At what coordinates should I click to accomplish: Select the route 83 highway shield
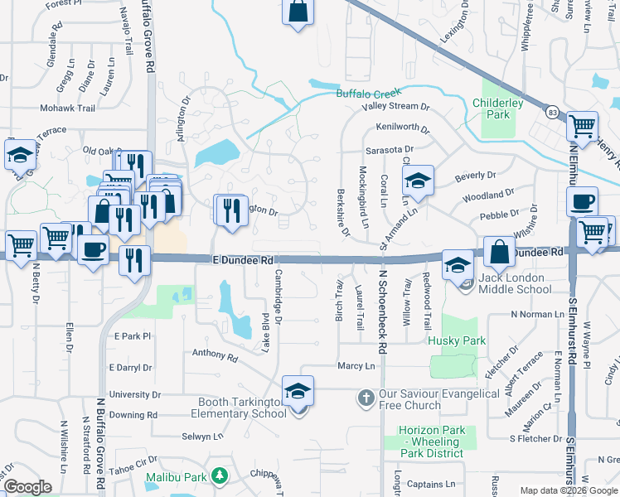(552, 110)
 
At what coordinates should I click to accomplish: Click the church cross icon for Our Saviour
(365, 398)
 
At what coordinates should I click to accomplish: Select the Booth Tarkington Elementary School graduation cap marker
(298, 391)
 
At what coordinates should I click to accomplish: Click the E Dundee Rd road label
(243, 259)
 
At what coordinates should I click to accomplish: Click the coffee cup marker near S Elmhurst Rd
(582, 202)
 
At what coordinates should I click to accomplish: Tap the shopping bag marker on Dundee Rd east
(500, 252)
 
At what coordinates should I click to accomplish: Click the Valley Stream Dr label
(395, 107)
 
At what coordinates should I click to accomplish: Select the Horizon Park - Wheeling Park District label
(431, 442)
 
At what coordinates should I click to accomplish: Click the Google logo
(27, 487)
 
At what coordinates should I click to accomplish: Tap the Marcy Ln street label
(356, 365)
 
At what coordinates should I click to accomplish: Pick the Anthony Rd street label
(215, 355)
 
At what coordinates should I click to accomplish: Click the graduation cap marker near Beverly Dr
(419, 180)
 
